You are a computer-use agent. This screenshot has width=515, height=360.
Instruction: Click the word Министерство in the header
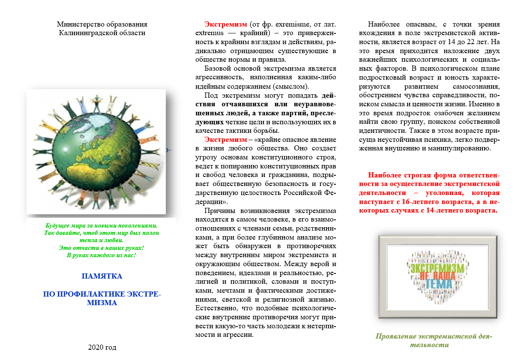(78, 24)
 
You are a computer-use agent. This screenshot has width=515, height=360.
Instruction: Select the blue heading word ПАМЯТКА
(102, 276)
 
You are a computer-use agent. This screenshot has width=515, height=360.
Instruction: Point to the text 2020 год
(102, 347)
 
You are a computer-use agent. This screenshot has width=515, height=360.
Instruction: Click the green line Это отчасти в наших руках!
(102, 248)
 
